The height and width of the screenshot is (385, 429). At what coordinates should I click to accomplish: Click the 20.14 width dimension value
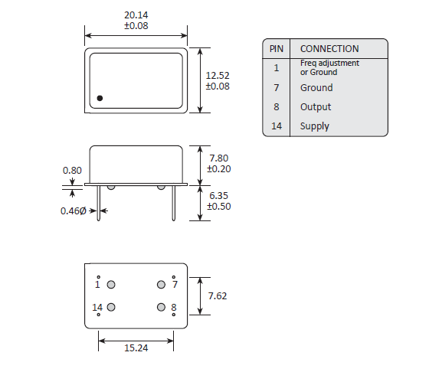pos(136,15)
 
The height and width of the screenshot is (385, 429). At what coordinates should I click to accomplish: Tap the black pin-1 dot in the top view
pos(100,98)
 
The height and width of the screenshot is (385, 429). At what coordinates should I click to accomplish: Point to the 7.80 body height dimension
pos(220,158)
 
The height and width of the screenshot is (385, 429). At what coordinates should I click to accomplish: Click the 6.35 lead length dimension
pos(219,196)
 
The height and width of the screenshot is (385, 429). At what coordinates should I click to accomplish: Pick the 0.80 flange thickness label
pos(71,170)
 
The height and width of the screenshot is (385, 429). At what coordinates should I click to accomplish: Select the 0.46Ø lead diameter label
pos(74,210)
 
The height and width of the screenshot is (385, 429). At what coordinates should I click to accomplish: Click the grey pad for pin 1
pos(111,285)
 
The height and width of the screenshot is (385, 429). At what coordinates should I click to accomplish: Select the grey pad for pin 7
pos(161,285)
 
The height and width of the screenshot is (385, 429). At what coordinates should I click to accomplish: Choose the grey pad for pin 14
pos(111,307)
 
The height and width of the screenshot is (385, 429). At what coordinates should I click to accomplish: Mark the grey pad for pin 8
pos(161,307)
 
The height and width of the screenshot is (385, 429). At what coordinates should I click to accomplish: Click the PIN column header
pos(276,48)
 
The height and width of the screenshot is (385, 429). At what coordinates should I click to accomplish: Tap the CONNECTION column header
pos(329,48)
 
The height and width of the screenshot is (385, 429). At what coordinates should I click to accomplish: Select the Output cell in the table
pos(316,107)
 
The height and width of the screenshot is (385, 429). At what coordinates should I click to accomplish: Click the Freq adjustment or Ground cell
pos(329,67)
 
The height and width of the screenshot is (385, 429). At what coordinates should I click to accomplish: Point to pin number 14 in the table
pos(276,126)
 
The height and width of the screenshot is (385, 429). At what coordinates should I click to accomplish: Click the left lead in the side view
pos(98,202)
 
